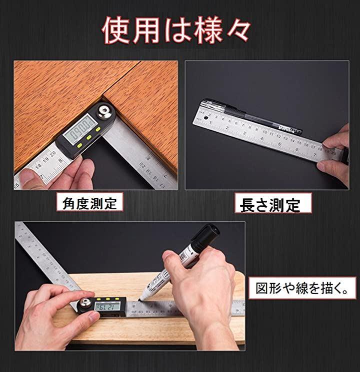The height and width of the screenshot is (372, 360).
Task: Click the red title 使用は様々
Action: click(x=176, y=30)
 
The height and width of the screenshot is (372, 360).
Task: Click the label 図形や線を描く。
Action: click(x=302, y=288)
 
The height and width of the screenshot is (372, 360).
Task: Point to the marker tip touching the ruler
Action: click(x=140, y=300)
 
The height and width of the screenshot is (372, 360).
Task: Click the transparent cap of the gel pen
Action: click(x=212, y=105)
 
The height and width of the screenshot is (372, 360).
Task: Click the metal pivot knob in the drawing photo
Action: click(x=85, y=304)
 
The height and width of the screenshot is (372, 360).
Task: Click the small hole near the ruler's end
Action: click(x=206, y=118)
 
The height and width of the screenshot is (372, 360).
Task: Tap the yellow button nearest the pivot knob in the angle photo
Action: click(x=97, y=130)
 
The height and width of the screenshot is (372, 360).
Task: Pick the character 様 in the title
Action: click(x=207, y=31)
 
